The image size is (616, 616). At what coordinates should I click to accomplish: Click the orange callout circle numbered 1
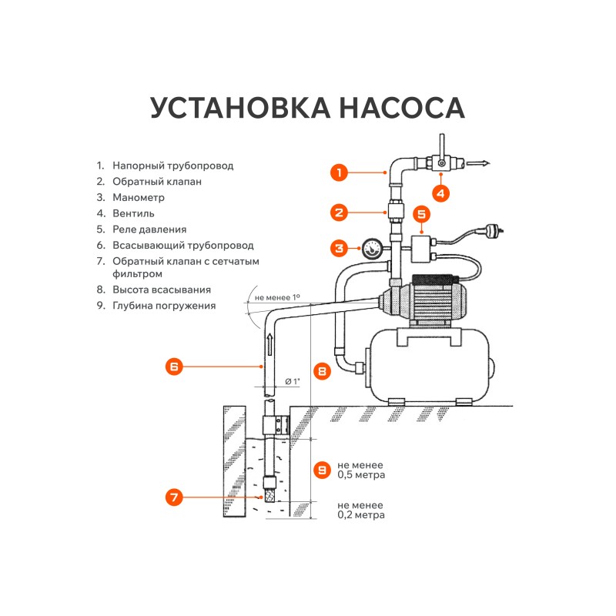[x=340, y=172]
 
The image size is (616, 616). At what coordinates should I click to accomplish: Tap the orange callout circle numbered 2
[x=340, y=212]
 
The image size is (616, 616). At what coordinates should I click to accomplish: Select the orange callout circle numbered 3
[x=340, y=248]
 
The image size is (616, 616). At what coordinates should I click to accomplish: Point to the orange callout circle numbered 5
[x=421, y=214]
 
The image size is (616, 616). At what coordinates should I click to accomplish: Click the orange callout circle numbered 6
[x=174, y=367]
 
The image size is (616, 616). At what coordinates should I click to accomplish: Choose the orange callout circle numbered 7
[x=175, y=497]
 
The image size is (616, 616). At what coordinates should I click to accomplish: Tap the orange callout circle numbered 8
[x=323, y=371]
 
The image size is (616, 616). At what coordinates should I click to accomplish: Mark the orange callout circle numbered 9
[x=323, y=469]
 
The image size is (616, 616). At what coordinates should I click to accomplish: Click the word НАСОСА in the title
[x=385, y=109]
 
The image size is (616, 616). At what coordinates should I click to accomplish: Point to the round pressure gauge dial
[x=371, y=249]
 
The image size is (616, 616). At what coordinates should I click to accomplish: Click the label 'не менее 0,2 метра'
[x=361, y=511]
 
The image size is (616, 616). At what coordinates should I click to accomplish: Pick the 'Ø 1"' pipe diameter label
[x=292, y=381]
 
